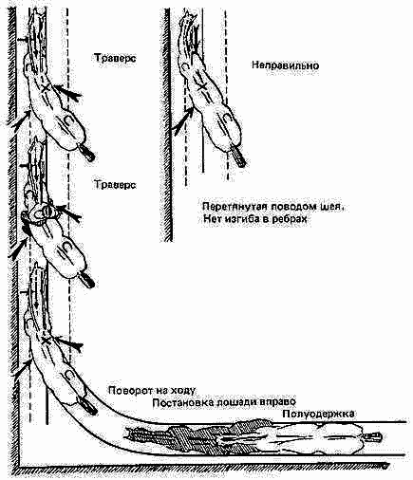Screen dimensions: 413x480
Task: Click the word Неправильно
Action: point(286,65)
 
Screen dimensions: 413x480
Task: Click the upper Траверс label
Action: point(115,58)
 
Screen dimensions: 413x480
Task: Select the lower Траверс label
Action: point(115,184)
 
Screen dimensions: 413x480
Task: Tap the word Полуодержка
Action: point(318,414)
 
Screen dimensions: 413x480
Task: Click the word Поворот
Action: point(129,390)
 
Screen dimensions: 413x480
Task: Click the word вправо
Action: point(277,402)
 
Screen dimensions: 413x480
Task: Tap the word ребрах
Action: point(290,219)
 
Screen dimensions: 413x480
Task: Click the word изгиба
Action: point(242,219)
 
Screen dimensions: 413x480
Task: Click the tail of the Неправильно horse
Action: point(238,157)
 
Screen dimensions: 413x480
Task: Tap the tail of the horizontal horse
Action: point(373,437)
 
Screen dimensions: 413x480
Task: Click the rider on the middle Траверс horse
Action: point(41,212)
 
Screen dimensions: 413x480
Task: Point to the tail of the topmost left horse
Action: point(86,153)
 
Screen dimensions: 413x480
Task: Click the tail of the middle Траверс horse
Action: point(86,278)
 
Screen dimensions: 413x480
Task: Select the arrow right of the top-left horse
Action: point(68,91)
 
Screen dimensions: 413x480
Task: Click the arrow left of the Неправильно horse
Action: point(183,121)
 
